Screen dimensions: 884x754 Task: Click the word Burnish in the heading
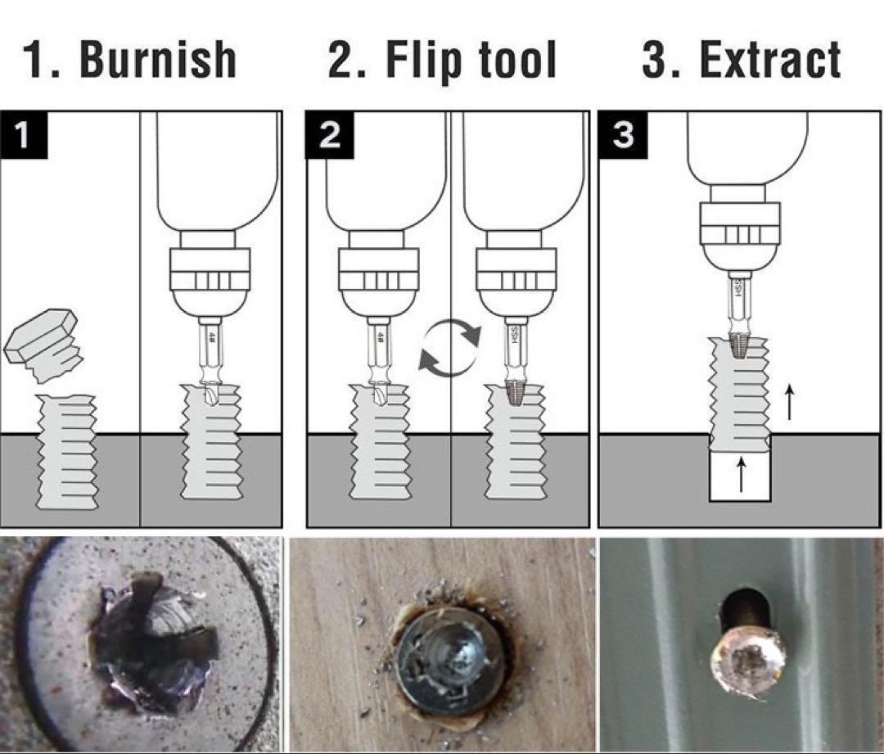coord(158,59)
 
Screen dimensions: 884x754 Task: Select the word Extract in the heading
coord(770,59)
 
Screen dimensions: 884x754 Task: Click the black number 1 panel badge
coord(23,135)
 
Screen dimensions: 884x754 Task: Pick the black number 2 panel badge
coord(329,135)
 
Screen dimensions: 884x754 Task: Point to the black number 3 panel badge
coord(622,135)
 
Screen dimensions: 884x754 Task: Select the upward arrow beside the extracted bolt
coord(789,402)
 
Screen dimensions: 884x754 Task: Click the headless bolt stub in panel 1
coord(66,451)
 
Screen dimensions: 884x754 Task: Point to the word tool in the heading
coord(517,59)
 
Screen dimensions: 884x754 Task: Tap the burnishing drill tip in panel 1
coord(211,394)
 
